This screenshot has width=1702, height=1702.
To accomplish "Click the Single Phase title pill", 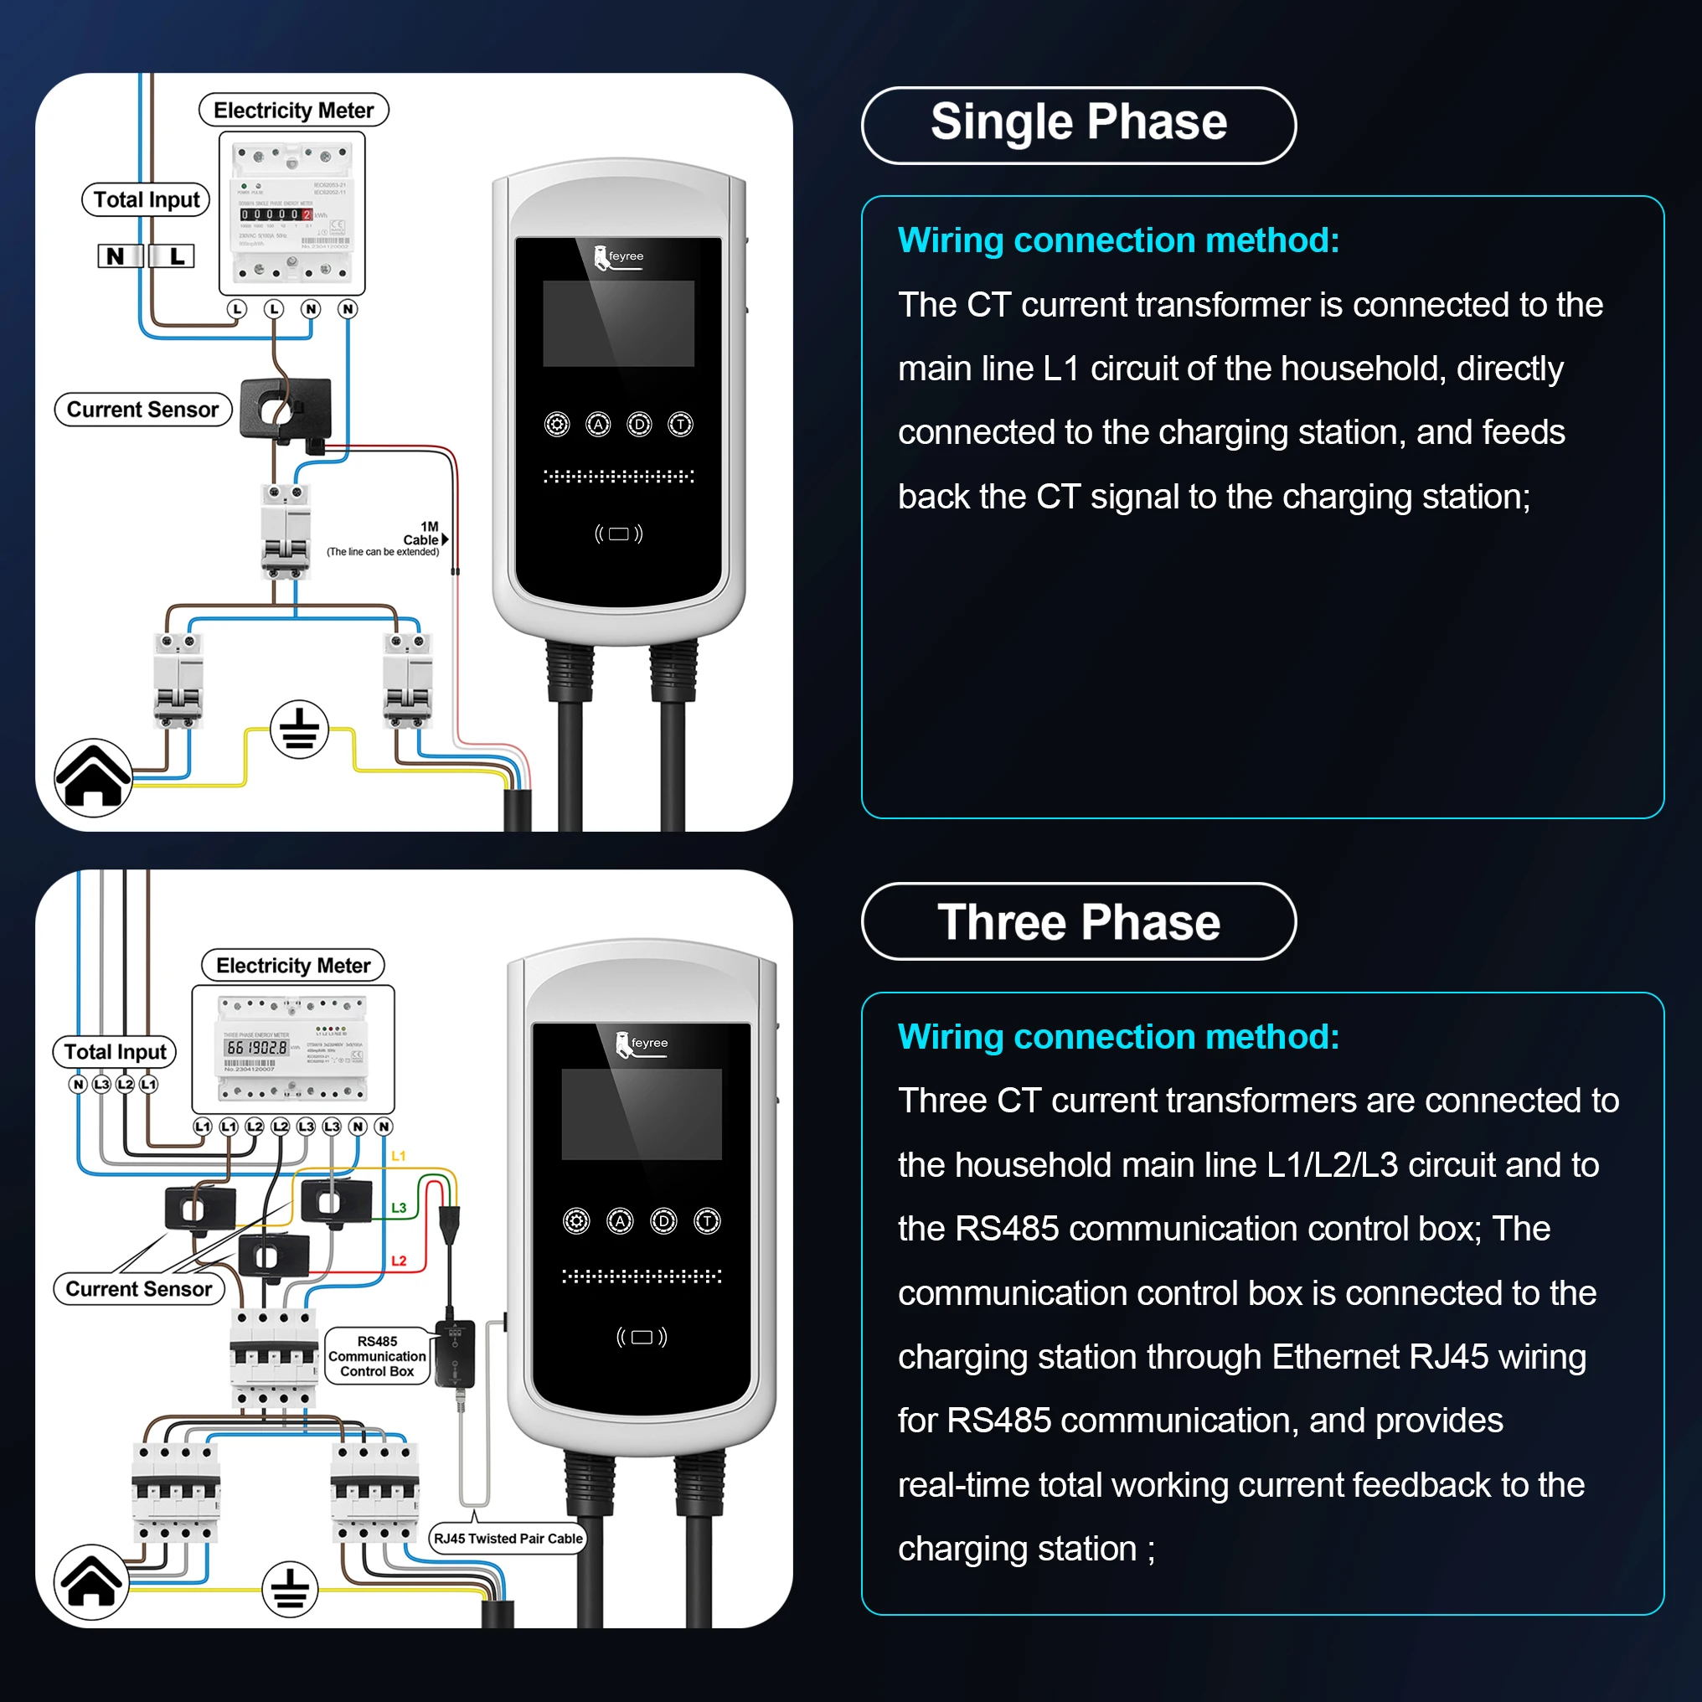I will pyautogui.click(x=1078, y=125).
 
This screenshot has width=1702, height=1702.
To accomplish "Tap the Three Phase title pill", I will pyautogui.click(x=1078, y=921).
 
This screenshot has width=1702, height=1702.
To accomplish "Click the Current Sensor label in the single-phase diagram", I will pyautogui.click(x=142, y=410).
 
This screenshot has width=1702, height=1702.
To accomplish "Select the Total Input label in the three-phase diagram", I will pyautogui.click(x=116, y=1052).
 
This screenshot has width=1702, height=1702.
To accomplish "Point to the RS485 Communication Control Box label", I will pyautogui.click(x=377, y=1357).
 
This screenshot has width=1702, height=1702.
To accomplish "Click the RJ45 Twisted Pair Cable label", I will pyautogui.click(x=508, y=1539).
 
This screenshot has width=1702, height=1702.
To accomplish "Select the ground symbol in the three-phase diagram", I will pyautogui.click(x=290, y=1590).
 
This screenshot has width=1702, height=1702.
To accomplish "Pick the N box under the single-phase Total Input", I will pyautogui.click(x=116, y=256).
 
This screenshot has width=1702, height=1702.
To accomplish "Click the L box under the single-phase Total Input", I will pyautogui.click(x=177, y=256).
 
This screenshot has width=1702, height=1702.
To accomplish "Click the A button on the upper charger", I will pyautogui.click(x=598, y=425).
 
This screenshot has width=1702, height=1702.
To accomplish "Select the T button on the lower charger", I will pyautogui.click(x=708, y=1221).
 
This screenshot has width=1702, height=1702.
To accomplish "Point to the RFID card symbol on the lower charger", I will pyautogui.click(x=642, y=1338).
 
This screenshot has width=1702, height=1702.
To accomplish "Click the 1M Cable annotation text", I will pyautogui.click(x=424, y=534).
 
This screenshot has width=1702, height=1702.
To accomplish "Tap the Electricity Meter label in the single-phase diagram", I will pyautogui.click(x=293, y=110).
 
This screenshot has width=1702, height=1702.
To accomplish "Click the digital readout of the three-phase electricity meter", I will pyautogui.click(x=256, y=1048).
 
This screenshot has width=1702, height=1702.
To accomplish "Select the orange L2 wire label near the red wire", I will pyautogui.click(x=399, y=1261).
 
